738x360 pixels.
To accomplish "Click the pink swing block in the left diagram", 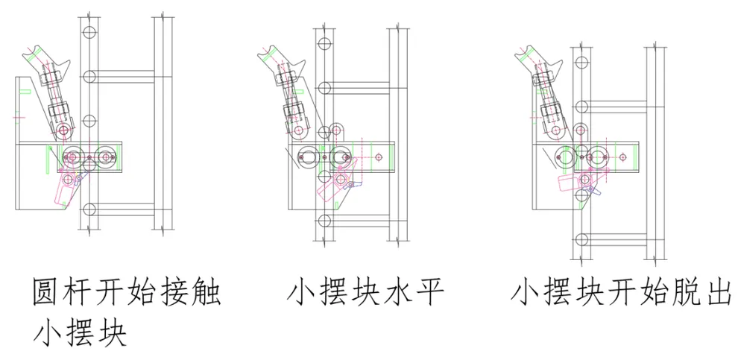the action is point(67,189).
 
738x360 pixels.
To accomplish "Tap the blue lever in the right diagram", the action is point(594,191).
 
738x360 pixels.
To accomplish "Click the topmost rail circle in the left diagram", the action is point(89,33).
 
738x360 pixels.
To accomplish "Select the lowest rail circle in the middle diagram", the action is point(323,221).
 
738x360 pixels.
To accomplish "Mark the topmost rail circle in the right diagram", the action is point(582,62).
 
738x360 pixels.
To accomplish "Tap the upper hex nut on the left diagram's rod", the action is point(51,76).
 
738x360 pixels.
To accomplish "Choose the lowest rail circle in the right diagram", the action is point(582,240).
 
